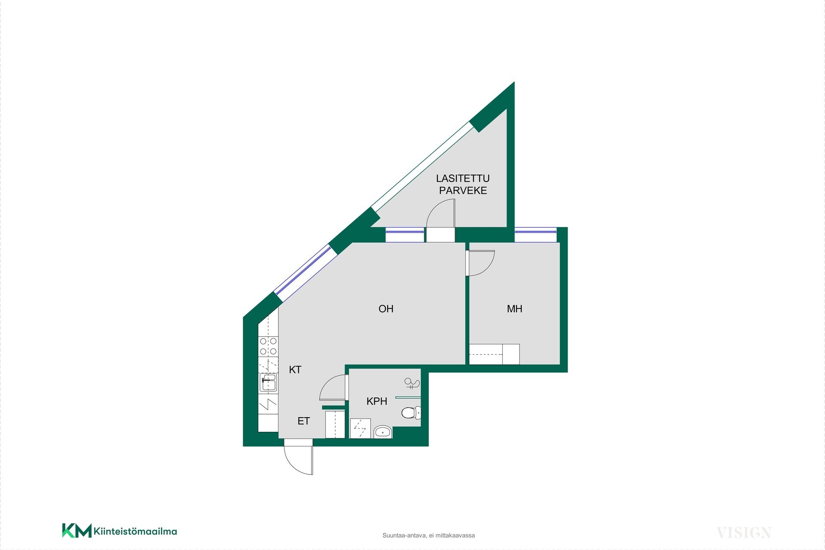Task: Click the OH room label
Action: click(386, 309)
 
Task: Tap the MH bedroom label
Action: click(514, 309)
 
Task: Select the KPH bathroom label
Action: click(377, 401)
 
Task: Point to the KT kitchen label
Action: click(295, 370)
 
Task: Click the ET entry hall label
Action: click(304, 421)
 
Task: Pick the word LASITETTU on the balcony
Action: click(463, 178)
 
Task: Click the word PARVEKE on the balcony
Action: click(463, 191)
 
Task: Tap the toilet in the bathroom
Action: click(411, 413)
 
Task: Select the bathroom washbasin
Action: click(382, 431)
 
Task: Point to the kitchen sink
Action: click(269, 382)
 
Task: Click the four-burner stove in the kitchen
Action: click(268, 346)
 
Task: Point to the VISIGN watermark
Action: click(744, 533)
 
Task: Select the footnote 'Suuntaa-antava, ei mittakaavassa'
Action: click(428, 535)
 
